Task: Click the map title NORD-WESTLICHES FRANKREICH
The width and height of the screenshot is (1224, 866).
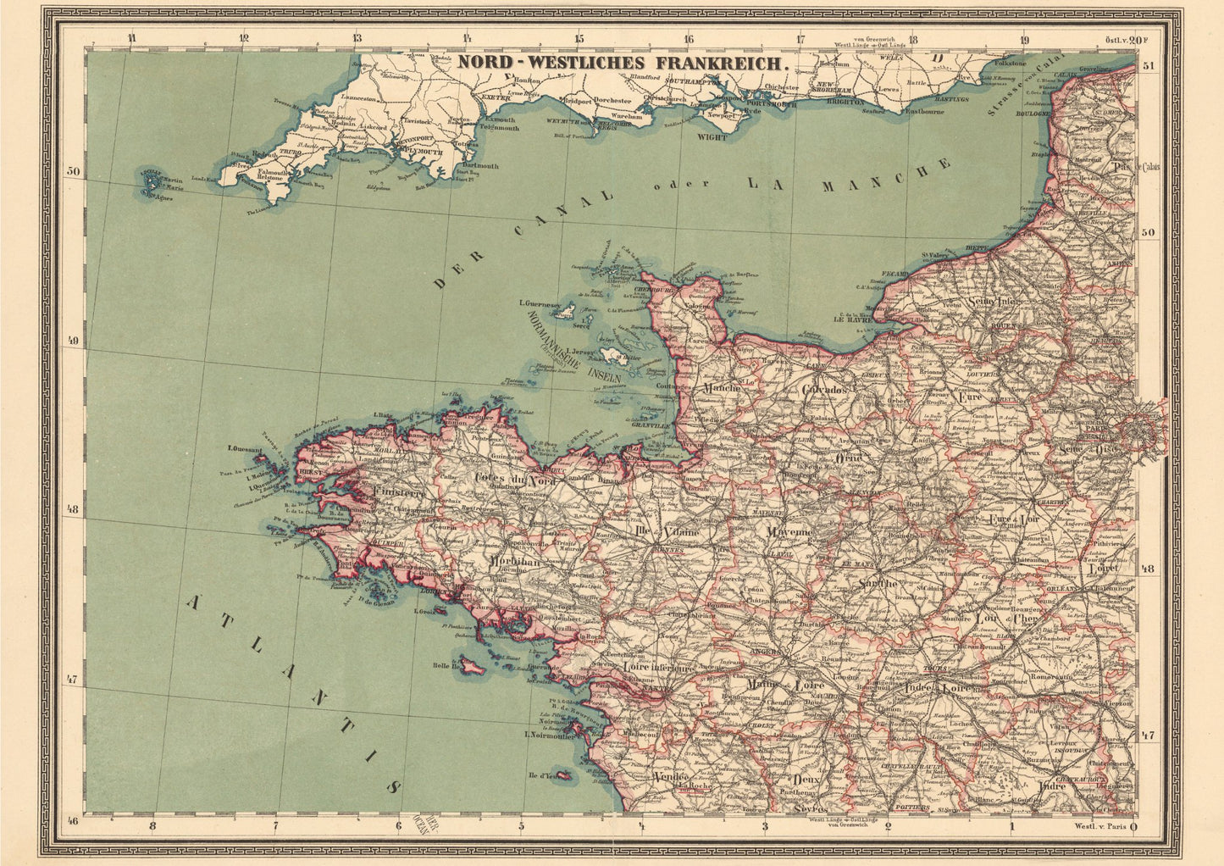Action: (623, 62)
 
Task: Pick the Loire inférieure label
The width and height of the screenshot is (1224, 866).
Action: (658, 668)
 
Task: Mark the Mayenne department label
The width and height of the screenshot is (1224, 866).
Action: (790, 532)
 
